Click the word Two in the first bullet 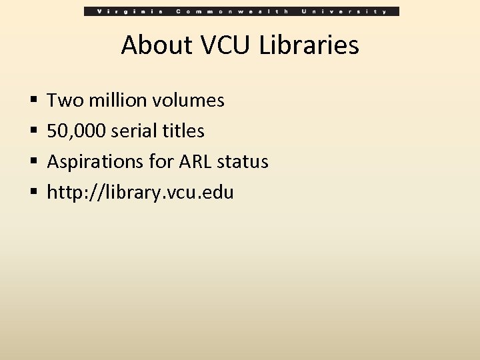click(x=63, y=101)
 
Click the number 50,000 click(x=76, y=131)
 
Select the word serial click(x=132, y=131)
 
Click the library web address click(x=141, y=193)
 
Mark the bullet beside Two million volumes click(x=33, y=101)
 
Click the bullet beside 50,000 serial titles click(x=33, y=132)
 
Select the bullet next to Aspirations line click(x=33, y=163)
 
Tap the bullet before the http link click(x=33, y=194)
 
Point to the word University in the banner click(x=345, y=11)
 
